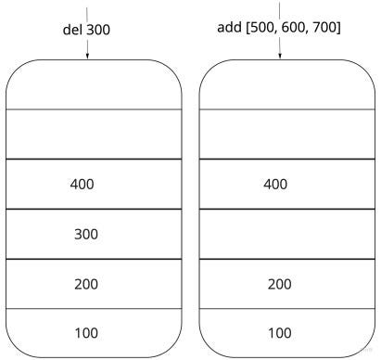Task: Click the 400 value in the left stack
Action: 82,184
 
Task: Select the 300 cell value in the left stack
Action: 85,234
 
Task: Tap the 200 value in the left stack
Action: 85,283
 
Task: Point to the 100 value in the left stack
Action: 85,332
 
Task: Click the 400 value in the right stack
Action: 275,184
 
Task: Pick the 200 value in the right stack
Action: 279,283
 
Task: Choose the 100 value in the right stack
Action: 279,332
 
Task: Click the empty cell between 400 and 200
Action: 279,234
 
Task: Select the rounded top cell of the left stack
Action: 93,85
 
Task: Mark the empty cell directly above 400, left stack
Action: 93,135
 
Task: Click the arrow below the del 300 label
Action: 86,52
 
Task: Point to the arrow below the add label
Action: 279,52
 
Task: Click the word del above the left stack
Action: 67,29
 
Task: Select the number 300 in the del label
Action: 98,29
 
